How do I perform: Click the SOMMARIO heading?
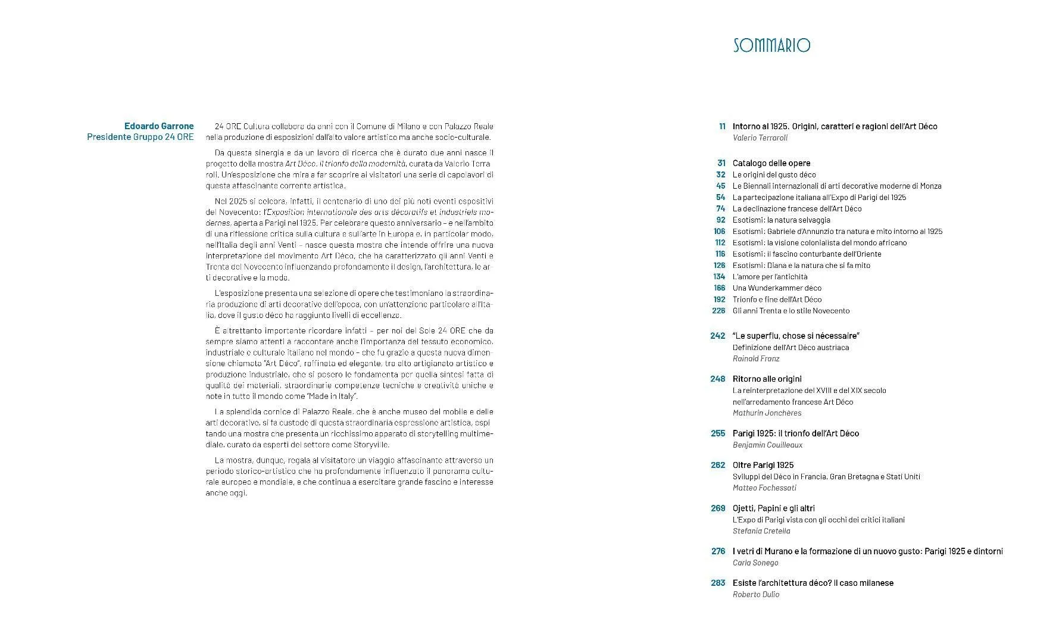click(x=771, y=45)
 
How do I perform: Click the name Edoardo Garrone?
click(x=159, y=126)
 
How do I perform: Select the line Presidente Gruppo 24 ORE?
click(x=140, y=137)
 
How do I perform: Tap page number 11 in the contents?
click(x=722, y=126)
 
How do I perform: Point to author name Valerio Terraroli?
click(x=760, y=138)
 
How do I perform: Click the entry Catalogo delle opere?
click(x=771, y=163)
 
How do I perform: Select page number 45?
click(x=720, y=186)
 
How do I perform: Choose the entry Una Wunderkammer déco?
click(x=777, y=288)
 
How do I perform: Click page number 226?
click(x=718, y=311)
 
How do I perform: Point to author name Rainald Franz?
click(x=755, y=358)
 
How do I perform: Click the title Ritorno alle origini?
click(x=767, y=379)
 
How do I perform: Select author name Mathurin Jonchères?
click(x=767, y=413)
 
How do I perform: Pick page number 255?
click(x=718, y=433)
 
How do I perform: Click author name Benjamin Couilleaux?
click(x=767, y=445)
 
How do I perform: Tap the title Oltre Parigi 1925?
click(x=763, y=465)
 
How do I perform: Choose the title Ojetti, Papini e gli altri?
click(x=773, y=508)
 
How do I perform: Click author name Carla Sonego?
click(x=755, y=563)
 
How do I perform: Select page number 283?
click(x=718, y=583)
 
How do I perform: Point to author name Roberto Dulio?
click(x=755, y=594)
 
